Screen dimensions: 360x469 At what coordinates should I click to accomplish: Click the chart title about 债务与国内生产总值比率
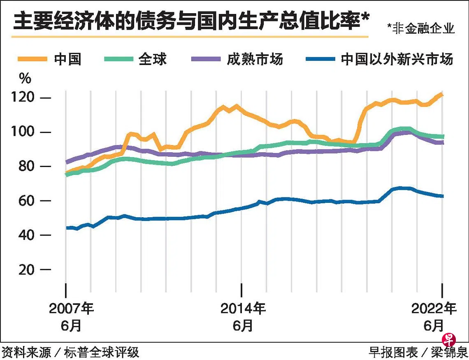(189, 21)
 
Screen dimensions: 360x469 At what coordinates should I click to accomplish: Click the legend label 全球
(153, 59)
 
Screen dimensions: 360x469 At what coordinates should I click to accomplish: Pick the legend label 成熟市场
(255, 59)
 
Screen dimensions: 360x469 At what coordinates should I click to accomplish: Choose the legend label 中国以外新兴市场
(397, 59)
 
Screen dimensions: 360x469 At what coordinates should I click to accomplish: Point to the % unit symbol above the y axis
(25, 78)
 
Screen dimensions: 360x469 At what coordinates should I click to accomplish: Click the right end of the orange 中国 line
(441, 95)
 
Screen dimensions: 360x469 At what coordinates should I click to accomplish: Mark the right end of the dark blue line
(442, 196)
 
